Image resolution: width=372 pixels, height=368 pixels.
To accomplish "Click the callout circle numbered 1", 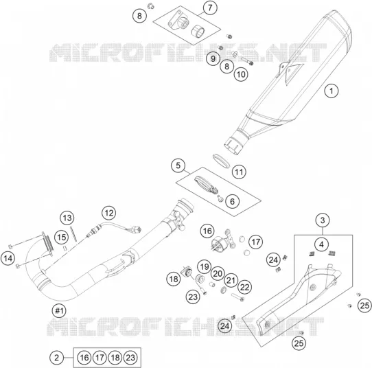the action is click(332, 91).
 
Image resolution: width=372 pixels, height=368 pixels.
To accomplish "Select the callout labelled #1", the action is click(59, 310).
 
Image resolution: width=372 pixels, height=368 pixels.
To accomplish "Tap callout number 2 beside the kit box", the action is click(57, 358).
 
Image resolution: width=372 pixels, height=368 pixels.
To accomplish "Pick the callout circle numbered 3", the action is click(323, 220).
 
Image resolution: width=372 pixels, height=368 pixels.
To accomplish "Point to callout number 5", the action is click(178, 165).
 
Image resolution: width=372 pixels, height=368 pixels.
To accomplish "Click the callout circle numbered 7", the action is click(210, 8).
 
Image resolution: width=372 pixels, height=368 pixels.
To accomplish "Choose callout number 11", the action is click(239, 172).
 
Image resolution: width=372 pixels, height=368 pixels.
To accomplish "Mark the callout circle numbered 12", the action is click(109, 213).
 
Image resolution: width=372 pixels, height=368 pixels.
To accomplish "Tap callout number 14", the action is click(8, 258).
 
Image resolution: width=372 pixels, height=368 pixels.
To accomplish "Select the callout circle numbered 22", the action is click(244, 288).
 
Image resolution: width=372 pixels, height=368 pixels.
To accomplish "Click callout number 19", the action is click(205, 266).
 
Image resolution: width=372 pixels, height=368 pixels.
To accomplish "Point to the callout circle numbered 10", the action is click(241, 74).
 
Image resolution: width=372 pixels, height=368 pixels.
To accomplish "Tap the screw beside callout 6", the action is click(220, 198).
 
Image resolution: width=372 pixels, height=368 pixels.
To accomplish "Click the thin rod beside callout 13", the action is click(73, 234).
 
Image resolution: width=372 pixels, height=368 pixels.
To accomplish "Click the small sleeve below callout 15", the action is click(65, 248).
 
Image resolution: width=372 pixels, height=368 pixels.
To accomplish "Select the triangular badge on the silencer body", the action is click(293, 73).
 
